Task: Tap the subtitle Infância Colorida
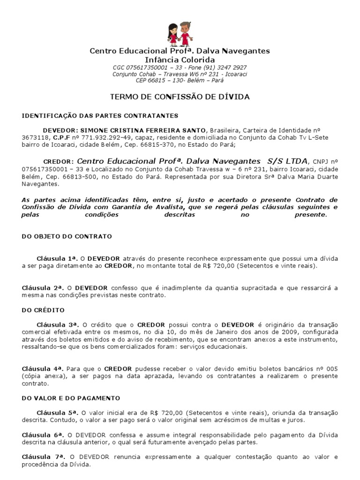pyautogui.click(x=180, y=60)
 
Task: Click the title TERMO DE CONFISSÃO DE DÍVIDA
pyautogui.click(x=180, y=97)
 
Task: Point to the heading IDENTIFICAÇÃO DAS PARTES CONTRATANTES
pyautogui.click(x=100, y=116)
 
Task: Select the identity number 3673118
pyautogui.click(x=36, y=138)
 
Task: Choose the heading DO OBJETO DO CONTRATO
pyautogui.click(x=67, y=237)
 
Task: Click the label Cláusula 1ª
pyautogui.click(x=57, y=259)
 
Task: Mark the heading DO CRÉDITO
pyautogui.click(x=43, y=310)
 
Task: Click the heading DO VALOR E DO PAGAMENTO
pyautogui.click(x=71, y=398)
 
